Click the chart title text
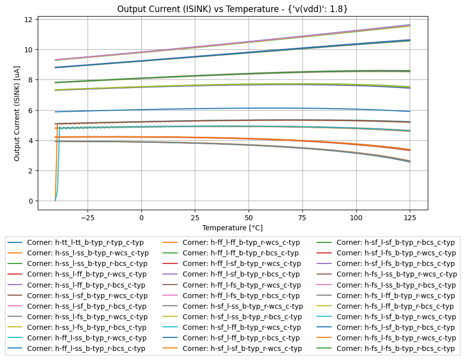[232, 9]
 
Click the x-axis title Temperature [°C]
[232, 228]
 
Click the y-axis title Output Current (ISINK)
[17, 113]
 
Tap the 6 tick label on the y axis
[31, 110]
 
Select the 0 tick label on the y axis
[31, 201]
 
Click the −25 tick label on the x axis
[88, 218]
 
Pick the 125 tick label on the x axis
[410, 218]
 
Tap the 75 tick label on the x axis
[302, 218]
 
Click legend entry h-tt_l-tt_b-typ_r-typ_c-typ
[87, 242]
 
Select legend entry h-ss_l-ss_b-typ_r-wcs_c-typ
[88, 253]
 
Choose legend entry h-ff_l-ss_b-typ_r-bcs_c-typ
[86, 348]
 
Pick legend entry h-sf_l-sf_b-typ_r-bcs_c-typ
[395, 242]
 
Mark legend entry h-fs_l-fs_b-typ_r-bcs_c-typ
[395, 348]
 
